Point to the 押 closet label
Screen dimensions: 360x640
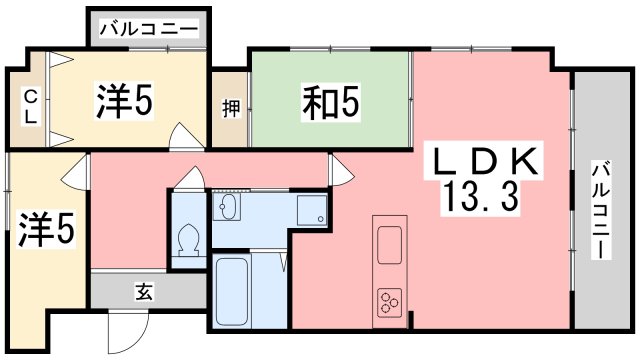pyautogui.click(x=228, y=107)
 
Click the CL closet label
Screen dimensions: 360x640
pyautogui.click(x=30, y=106)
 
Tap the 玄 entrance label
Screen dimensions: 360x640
pyautogui.click(x=143, y=292)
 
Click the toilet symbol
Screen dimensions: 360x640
pyautogui.click(x=185, y=240)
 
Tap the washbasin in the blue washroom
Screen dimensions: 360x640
pyautogui.click(x=228, y=208)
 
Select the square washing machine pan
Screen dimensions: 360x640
pyautogui.click(x=312, y=210)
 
